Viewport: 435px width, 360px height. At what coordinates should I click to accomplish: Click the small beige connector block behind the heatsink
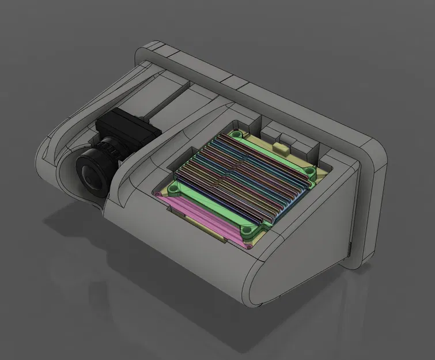[284, 148]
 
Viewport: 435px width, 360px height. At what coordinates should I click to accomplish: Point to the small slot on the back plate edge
[349, 249]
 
